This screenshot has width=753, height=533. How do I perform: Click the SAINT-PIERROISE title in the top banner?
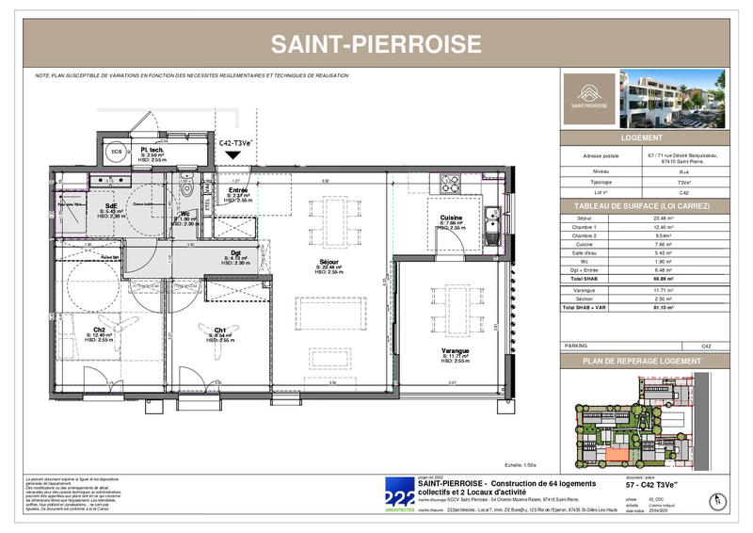coord(376,44)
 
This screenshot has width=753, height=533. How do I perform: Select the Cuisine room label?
coord(449,220)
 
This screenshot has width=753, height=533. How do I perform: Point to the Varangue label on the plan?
coord(456,351)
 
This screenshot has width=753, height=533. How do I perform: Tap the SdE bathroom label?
coord(112,208)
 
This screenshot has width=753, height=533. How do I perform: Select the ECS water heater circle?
coord(116,152)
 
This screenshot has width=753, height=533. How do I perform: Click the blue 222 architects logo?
coord(399,493)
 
